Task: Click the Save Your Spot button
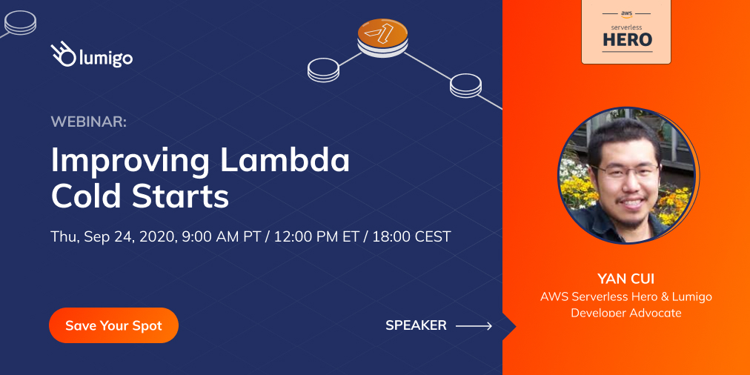pos(113,325)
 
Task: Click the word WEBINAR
pos(88,122)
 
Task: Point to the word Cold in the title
pos(86,196)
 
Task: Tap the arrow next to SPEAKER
pos(474,325)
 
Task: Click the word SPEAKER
pos(416,325)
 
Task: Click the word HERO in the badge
pos(627,39)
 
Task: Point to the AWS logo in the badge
pos(627,13)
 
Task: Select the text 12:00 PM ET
pos(317,236)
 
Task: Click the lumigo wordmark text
pos(104,57)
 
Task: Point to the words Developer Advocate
pos(626,313)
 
